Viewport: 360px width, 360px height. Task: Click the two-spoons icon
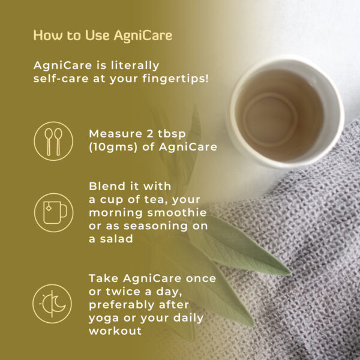coord(53,141)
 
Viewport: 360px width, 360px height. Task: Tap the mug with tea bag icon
coord(54,212)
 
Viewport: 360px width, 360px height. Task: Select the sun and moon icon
coord(52,304)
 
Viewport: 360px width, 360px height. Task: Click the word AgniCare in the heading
coord(143,36)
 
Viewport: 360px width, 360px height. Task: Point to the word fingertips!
coord(176,79)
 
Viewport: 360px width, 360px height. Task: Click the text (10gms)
coord(113,147)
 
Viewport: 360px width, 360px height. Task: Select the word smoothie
coord(177,212)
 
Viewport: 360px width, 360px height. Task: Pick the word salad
coord(116,239)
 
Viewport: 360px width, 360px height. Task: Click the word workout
coord(115,331)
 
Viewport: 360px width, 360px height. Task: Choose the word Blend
coord(107,186)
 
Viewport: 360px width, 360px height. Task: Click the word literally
coord(135,65)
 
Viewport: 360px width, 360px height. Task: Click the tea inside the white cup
coord(280,115)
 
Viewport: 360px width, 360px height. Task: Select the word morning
coord(116,213)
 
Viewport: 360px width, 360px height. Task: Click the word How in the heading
coord(48,35)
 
